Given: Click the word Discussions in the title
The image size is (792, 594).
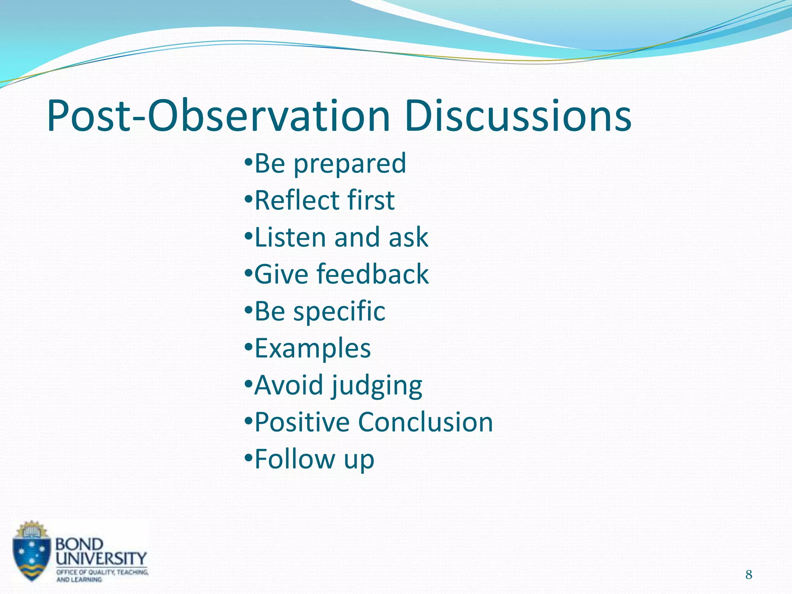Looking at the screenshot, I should coord(518,116).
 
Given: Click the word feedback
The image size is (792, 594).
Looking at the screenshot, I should coord(373,274).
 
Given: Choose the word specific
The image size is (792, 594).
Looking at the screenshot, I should coord(339,312).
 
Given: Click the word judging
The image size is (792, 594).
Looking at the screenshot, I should coord(377,386).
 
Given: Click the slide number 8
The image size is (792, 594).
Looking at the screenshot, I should coord(749,575).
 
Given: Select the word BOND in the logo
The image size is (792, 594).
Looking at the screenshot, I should coord(80,544).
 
